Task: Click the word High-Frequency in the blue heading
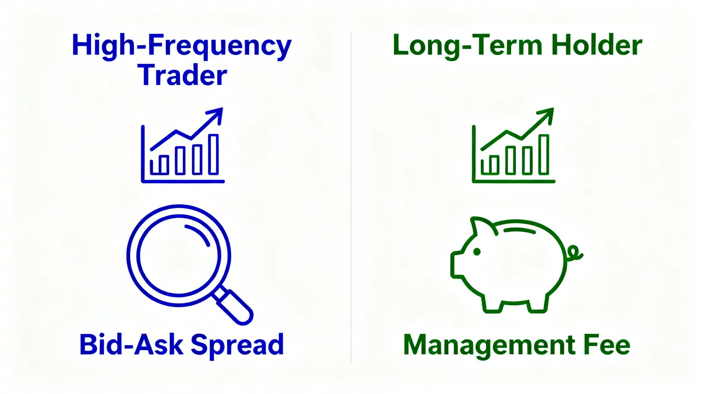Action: tap(182, 46)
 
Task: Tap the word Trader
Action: tap(182, 75)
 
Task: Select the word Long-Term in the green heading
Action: tap(467, 46)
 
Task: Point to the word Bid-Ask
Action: tap(131, 345)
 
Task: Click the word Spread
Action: tap(237, 346)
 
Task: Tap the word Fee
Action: tap(607, 345)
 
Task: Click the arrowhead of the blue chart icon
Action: tap(217, 114)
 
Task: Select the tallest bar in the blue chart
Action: tap(213, 154)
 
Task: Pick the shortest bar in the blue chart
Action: tap(159, 165)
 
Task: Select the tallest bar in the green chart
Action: tap(544, 154)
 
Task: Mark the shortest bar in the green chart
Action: tap(490, 165)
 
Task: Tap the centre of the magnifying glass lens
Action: tap(179, 255)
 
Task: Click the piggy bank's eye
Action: tap(477, 252)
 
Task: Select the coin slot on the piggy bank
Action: tap(520, 230)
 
